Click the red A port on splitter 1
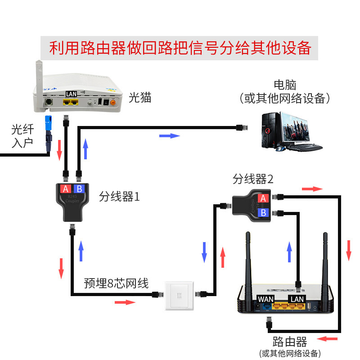[66, 189]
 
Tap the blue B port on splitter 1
[79, 189]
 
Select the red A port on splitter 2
[264, 198]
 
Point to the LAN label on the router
[297, 299]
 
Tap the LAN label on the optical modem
[71, 94]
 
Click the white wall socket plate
[179, 296]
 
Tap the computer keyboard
[304, 147]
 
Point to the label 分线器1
[120, 197]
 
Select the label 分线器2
[253, 179]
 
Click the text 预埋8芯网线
[116, 283]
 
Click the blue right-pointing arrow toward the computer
[170, 135]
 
